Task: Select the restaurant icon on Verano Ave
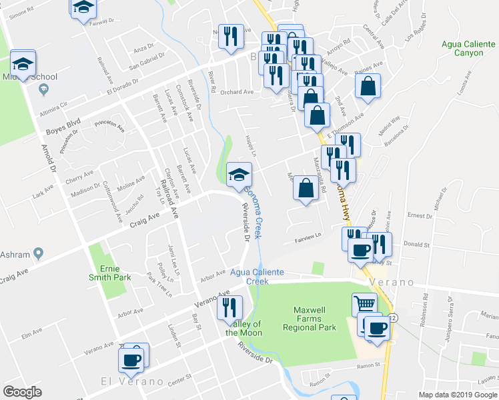tap(229, 307)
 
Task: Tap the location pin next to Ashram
tap(39, 253)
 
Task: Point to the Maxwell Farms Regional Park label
tap(315, 319)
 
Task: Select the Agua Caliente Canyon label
tap(466, 49)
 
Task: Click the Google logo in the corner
tap(22, 392)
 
